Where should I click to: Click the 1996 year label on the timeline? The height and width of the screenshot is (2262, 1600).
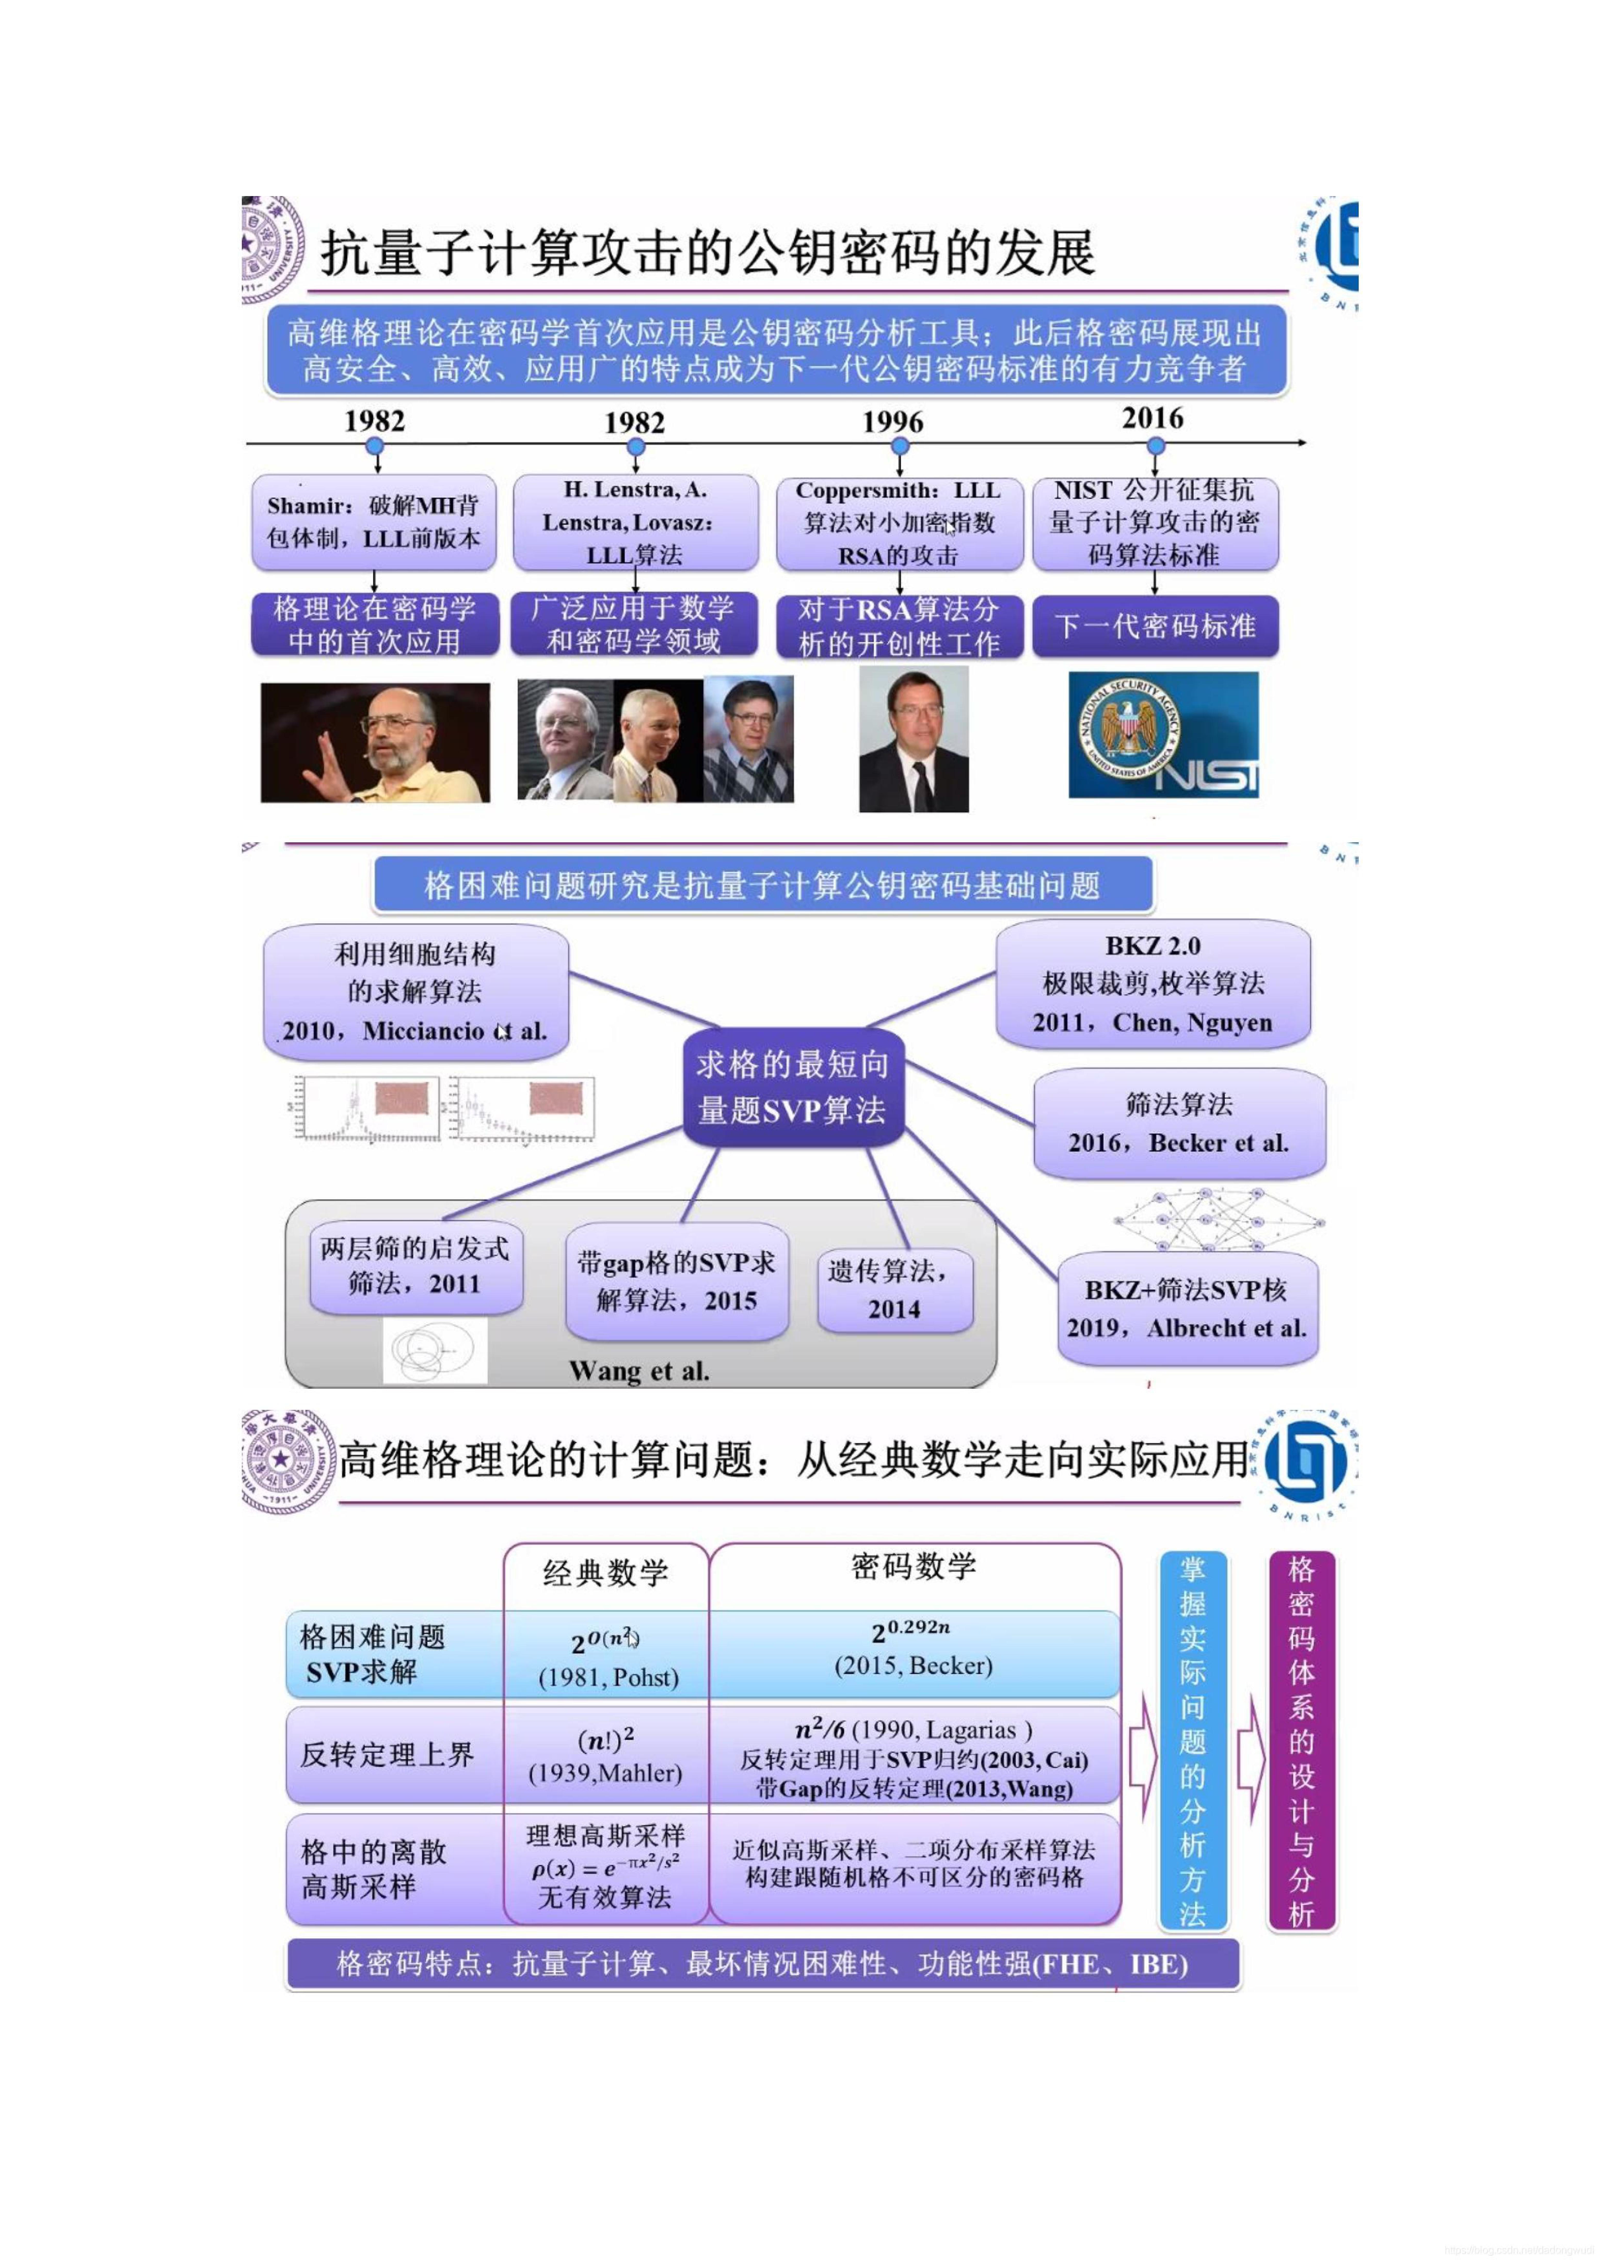coord(893,422)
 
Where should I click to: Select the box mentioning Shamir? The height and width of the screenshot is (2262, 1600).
coord(373,522)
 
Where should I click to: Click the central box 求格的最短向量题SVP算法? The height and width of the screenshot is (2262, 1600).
coord(793,1088)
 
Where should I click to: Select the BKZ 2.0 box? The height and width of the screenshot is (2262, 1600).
coord(1153,983)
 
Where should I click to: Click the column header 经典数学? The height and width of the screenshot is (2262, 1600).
coord(605,1572)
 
